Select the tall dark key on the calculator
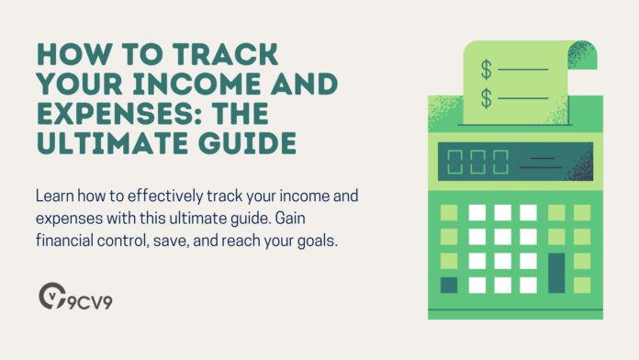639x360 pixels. coord(556,273)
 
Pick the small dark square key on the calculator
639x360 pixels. coord(449,285)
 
